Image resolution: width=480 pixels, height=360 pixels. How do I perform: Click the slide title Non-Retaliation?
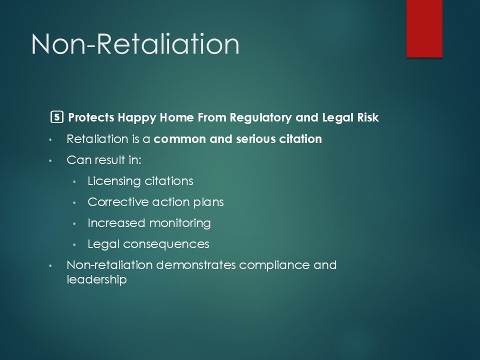[135, 44]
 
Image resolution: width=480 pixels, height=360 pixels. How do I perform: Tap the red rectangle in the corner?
[424, 28]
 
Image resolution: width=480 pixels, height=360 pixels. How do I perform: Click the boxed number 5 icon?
[56, 117]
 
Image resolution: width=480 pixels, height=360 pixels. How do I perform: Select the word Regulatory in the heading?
[260, 118]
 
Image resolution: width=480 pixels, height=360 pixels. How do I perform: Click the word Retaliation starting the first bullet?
[97, 139]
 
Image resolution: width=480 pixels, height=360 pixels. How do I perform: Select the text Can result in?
[104, 160]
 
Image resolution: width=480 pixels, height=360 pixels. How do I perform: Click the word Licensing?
[114, 181]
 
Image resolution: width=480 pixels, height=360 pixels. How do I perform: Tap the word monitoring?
[180, 223]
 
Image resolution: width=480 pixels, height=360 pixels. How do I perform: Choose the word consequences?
[166, 244]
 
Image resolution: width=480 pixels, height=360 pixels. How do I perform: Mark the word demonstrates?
[196, 265]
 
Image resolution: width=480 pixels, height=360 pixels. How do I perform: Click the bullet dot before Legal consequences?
[74, 245]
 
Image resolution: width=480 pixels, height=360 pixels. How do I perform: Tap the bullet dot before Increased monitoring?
[74, 224]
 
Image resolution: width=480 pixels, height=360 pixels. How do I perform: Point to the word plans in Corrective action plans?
[208, 202]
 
